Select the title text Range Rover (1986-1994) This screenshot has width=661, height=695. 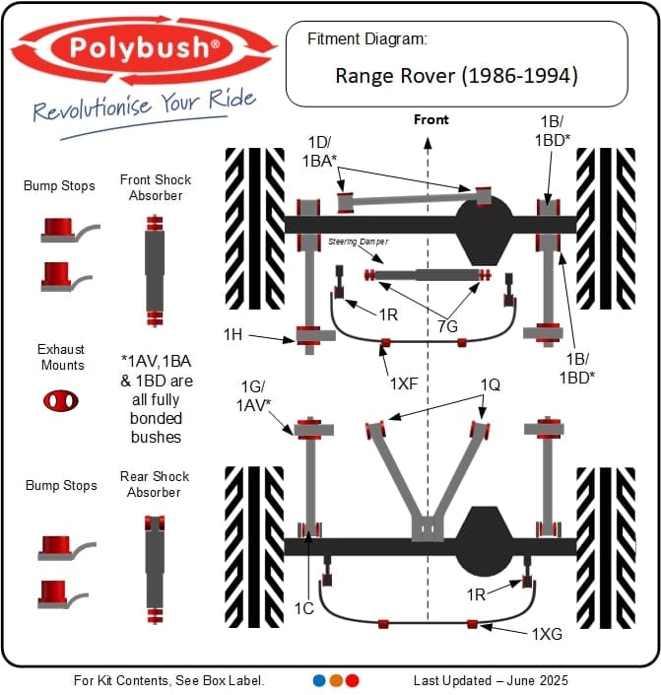click(456, 75)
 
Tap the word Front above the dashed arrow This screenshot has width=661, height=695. click(430, 120)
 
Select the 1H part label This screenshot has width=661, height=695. click(232, 335)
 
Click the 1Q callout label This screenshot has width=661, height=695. click(490, 385)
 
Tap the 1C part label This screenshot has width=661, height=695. click(303, 608)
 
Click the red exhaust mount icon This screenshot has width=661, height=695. click(61, 399)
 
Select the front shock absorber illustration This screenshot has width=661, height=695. click(154, 268)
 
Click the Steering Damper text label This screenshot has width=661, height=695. click(359, 241)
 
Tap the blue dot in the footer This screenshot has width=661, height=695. click(319, 680)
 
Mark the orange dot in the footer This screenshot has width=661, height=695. click(336, 680)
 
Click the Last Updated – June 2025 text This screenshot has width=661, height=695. click(491, 680)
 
